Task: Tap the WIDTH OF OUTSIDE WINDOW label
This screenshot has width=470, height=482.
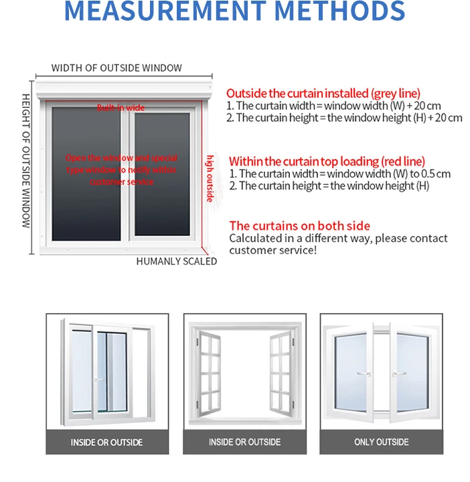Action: pyautogui.click(x=116, y=68)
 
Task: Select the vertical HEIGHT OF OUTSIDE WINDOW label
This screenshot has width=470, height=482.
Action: pyautogui.click(x=26, y=160)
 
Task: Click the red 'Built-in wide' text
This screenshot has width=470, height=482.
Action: pyautogui.click(x=121, y=108)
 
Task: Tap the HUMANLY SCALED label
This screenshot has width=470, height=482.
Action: pyautogui.click(x=177, y=261)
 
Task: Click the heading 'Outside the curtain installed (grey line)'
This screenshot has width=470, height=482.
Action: pyautogui.click(x=323, y=94)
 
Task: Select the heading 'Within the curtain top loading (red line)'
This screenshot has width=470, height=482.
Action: pyautogui.click(x=327, y=161)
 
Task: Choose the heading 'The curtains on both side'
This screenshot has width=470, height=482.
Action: pyautogui.click(x=299, y=226)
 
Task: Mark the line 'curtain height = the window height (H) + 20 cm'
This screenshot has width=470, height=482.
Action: pyautogui.click(x=348, y=118)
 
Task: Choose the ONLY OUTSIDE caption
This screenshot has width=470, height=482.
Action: pyautogui.click(x=382, y=442)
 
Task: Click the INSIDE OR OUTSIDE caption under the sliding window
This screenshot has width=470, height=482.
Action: pyautogui.click(x=107, y=442)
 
